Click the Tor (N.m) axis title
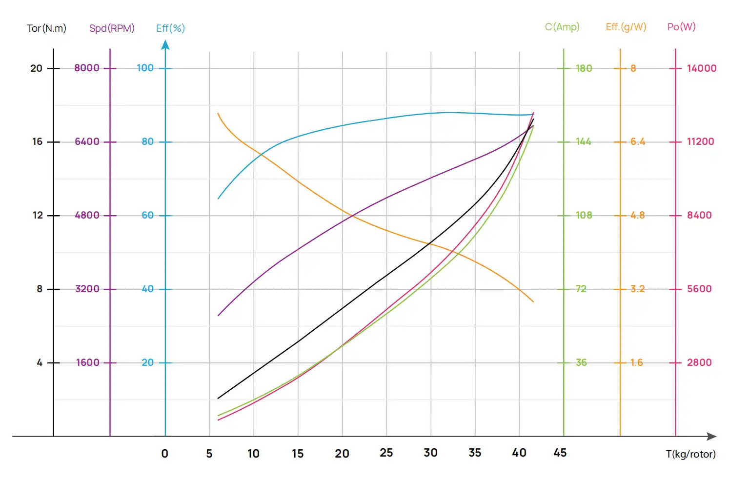[46, 28]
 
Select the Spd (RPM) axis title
[112, 28]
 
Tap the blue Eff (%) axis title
[170, 28]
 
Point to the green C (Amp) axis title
[562, 27]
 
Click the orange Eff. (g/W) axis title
[626, 27]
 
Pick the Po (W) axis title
[681, 27]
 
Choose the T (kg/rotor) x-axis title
[690, 454]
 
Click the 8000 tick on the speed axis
[87, 68]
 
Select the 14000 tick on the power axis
[701, 68]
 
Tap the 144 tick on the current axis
[583, 141]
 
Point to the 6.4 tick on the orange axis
[637, 141]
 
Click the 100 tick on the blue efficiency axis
[145, 68]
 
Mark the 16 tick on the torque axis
[38, 141]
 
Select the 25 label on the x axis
[386, 453]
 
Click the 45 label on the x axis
[560, 453]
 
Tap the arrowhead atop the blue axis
[165, 45]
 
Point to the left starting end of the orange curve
[218, 114]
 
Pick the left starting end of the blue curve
[218, 199]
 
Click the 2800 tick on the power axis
[699, 362]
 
